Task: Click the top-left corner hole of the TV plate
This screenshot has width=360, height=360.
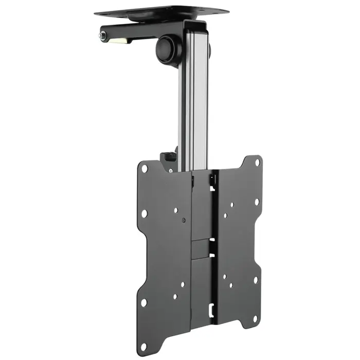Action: [x=145, y=168]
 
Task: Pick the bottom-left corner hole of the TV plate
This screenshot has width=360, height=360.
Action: [x=144, y=302]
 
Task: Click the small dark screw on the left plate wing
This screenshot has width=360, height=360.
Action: [x=184, y=220]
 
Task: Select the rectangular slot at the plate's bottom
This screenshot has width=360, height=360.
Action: [x=211, y=311]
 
